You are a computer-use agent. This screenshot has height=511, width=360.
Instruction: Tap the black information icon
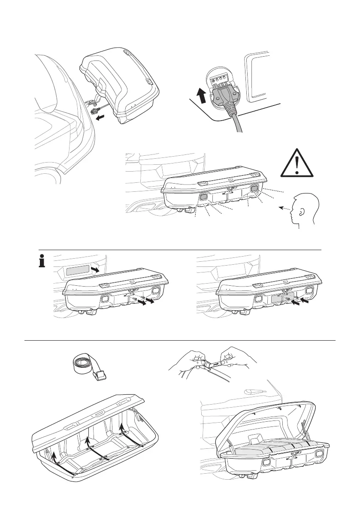coord(42,262)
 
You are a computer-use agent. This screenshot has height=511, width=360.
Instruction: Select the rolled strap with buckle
coord(88,366)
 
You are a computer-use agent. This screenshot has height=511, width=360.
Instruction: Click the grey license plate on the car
coord(77,270)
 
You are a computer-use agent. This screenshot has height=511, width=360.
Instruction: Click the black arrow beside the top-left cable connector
coord(100,116)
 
